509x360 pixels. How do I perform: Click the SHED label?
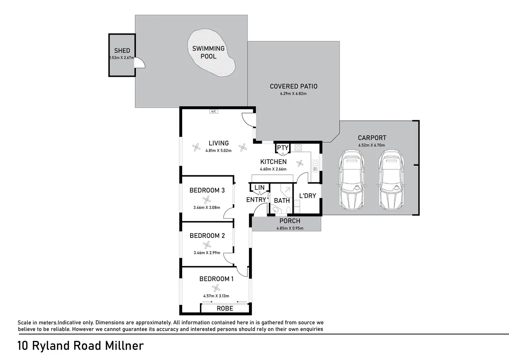(x=122, y=50)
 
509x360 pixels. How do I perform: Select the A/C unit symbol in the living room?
(x=214, y=111)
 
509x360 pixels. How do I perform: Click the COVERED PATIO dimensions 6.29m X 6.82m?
(x=293, y=93)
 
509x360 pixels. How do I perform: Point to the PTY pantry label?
(x=283, y=148)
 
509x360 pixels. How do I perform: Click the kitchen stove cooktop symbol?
(x=298, y=148)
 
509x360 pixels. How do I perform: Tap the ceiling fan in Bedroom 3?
(x=206, y=200)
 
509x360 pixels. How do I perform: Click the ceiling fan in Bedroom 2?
(x=207, y=245)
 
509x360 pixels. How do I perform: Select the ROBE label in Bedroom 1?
(x=225, y=308)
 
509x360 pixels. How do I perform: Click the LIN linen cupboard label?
(x=259, y=187)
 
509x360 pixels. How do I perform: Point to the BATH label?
(x=282, y=201)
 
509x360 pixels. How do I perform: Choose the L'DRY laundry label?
(x=307, y=196)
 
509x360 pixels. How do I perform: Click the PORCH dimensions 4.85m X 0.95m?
(x=290, y=228)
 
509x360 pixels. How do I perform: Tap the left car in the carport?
(x=352, y=179)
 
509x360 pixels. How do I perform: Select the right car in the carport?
(x=391, y=179)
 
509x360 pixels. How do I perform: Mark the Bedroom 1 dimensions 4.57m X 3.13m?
(x=216, y=296)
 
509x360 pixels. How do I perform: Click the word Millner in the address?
(x=124, y=346)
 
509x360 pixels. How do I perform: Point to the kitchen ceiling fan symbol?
(x=300, y=163)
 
